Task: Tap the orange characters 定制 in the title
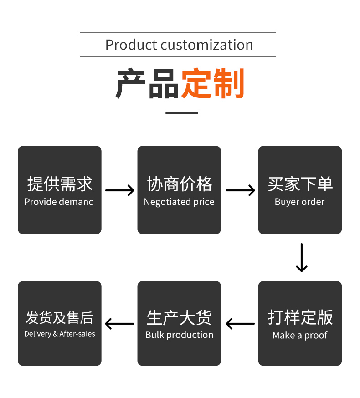point(213,84)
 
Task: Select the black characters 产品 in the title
point(147,84)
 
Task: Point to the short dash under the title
point(181,112)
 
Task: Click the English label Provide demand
point(59,202)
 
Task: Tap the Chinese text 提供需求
point(59,184)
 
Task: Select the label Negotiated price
point(179,202)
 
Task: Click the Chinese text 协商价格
point(179,184)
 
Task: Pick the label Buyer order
point(300,202)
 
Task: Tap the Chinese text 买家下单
point(300,184)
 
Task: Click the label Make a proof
point(300,335)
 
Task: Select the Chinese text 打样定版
point(300,317)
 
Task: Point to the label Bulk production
point(179,335)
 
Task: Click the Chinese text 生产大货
point(179,317)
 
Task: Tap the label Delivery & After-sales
point(60,334)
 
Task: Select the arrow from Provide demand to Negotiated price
point(119,190)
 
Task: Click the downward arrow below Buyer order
point(301,258)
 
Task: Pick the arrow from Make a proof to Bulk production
point(240,324)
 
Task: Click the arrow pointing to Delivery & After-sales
point(119,324)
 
